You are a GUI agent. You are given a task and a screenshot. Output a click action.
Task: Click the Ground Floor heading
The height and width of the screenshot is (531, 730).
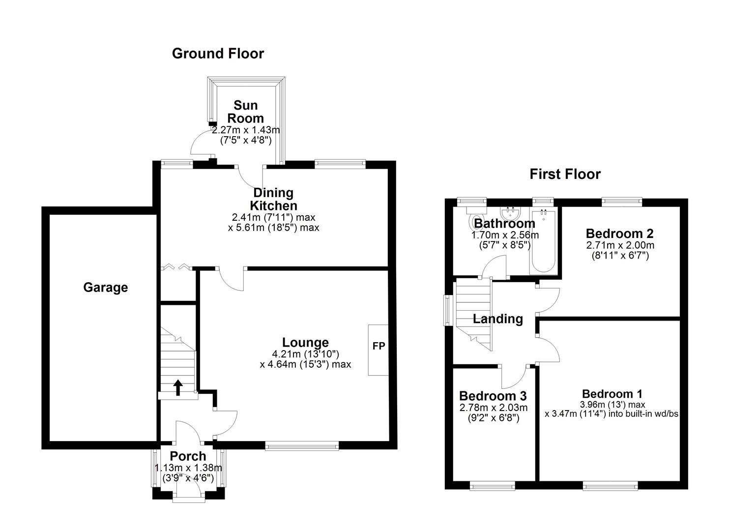click(218, 53)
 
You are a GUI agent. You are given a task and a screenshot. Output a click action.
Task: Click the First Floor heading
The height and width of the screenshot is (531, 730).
click(565, 174)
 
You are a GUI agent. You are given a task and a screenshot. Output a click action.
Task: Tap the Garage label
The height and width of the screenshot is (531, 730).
click(105, 287)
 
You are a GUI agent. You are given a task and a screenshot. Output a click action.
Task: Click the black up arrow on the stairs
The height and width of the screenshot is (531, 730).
click(177, 387)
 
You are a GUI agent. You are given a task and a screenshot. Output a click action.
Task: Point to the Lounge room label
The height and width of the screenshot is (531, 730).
click(305, 342)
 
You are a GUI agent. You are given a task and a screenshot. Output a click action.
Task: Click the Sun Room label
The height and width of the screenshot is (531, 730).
click(245, 112)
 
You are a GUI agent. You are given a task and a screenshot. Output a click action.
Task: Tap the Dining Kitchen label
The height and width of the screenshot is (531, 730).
click(274, 199)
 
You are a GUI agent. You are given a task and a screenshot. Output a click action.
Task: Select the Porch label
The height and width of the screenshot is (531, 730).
click(188, 456)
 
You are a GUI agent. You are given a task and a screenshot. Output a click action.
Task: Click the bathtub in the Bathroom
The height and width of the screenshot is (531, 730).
click(543, 241)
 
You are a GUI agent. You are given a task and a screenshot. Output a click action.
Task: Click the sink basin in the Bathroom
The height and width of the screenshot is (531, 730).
click(512, 213)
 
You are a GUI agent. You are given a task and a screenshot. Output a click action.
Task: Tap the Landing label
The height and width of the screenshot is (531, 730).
click(497, 319)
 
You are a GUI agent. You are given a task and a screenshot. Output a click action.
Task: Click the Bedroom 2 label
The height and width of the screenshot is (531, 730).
click(619, 233)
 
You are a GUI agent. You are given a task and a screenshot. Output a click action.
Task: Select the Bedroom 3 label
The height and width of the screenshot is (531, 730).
click(493, 396)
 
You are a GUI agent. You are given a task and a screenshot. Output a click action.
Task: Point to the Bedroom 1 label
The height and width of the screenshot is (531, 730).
click(612, 394)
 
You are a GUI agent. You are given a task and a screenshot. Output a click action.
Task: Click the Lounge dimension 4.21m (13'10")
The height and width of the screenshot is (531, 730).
click(305, 354)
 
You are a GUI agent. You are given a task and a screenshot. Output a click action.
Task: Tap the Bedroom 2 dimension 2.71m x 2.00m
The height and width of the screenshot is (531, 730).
click(619, 245)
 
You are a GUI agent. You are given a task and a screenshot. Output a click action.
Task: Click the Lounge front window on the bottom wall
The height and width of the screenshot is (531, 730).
click(302, 446)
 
